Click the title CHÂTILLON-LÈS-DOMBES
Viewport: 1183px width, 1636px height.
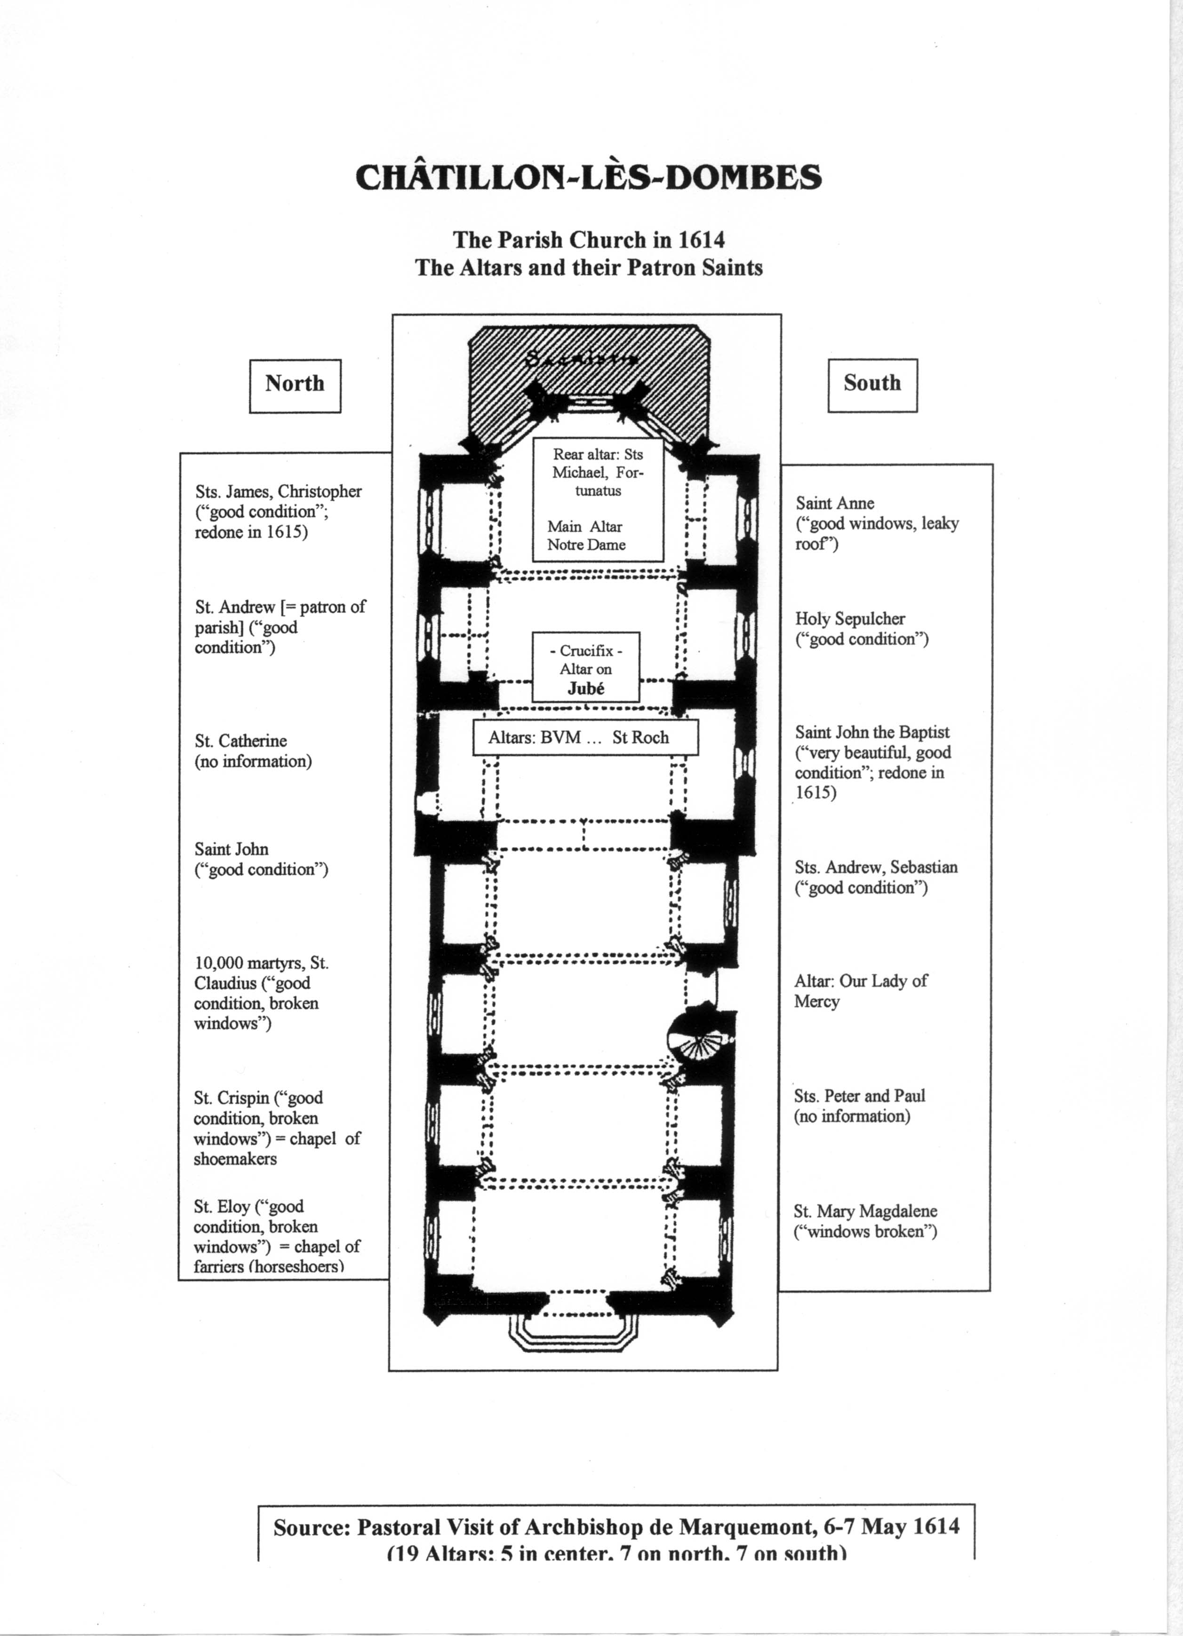coord(588,177)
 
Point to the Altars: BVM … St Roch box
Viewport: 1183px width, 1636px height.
coord(585,737)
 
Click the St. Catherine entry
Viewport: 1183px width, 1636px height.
coord(253,751)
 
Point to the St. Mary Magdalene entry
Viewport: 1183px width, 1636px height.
coord(865,1221)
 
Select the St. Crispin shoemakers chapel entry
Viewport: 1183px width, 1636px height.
coord(276,1128)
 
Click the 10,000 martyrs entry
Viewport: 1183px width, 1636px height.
coord(261,993)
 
